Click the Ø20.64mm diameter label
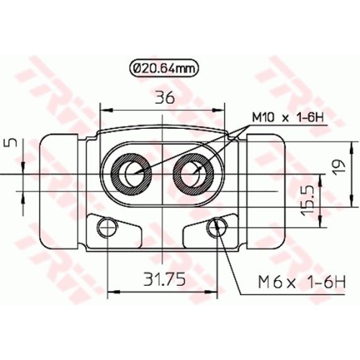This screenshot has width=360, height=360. point(163,69)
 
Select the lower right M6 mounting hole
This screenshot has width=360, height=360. point(217,229)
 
